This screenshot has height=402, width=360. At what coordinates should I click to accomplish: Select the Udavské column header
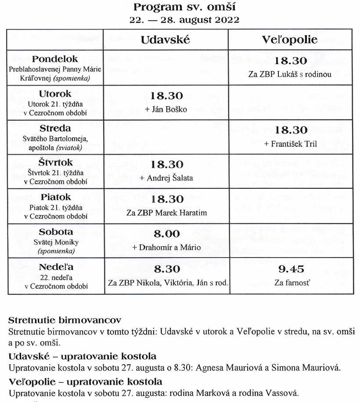pos(166,39)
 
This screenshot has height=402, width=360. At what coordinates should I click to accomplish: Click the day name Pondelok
pos(55,59)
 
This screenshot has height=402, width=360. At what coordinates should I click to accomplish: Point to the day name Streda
pos(55,128)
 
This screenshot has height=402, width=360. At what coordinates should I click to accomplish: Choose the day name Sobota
pos(55,232)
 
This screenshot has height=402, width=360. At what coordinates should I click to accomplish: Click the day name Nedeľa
pos(55,267)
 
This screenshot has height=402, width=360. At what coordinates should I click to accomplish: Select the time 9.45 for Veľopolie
pos(291,269)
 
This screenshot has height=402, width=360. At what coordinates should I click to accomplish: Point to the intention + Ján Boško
pos(166,109)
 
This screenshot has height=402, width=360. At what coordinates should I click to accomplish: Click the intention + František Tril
pos(291,144)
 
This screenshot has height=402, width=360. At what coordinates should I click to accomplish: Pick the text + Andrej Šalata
pos(166,178)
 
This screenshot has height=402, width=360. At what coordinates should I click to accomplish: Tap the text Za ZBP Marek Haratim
pos(166,213)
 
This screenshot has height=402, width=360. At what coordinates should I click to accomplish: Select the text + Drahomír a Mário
pos(166,248)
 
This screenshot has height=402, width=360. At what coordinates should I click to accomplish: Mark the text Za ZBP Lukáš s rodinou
pos(290,74)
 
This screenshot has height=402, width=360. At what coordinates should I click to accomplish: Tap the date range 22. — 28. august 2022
pos(184,20)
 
